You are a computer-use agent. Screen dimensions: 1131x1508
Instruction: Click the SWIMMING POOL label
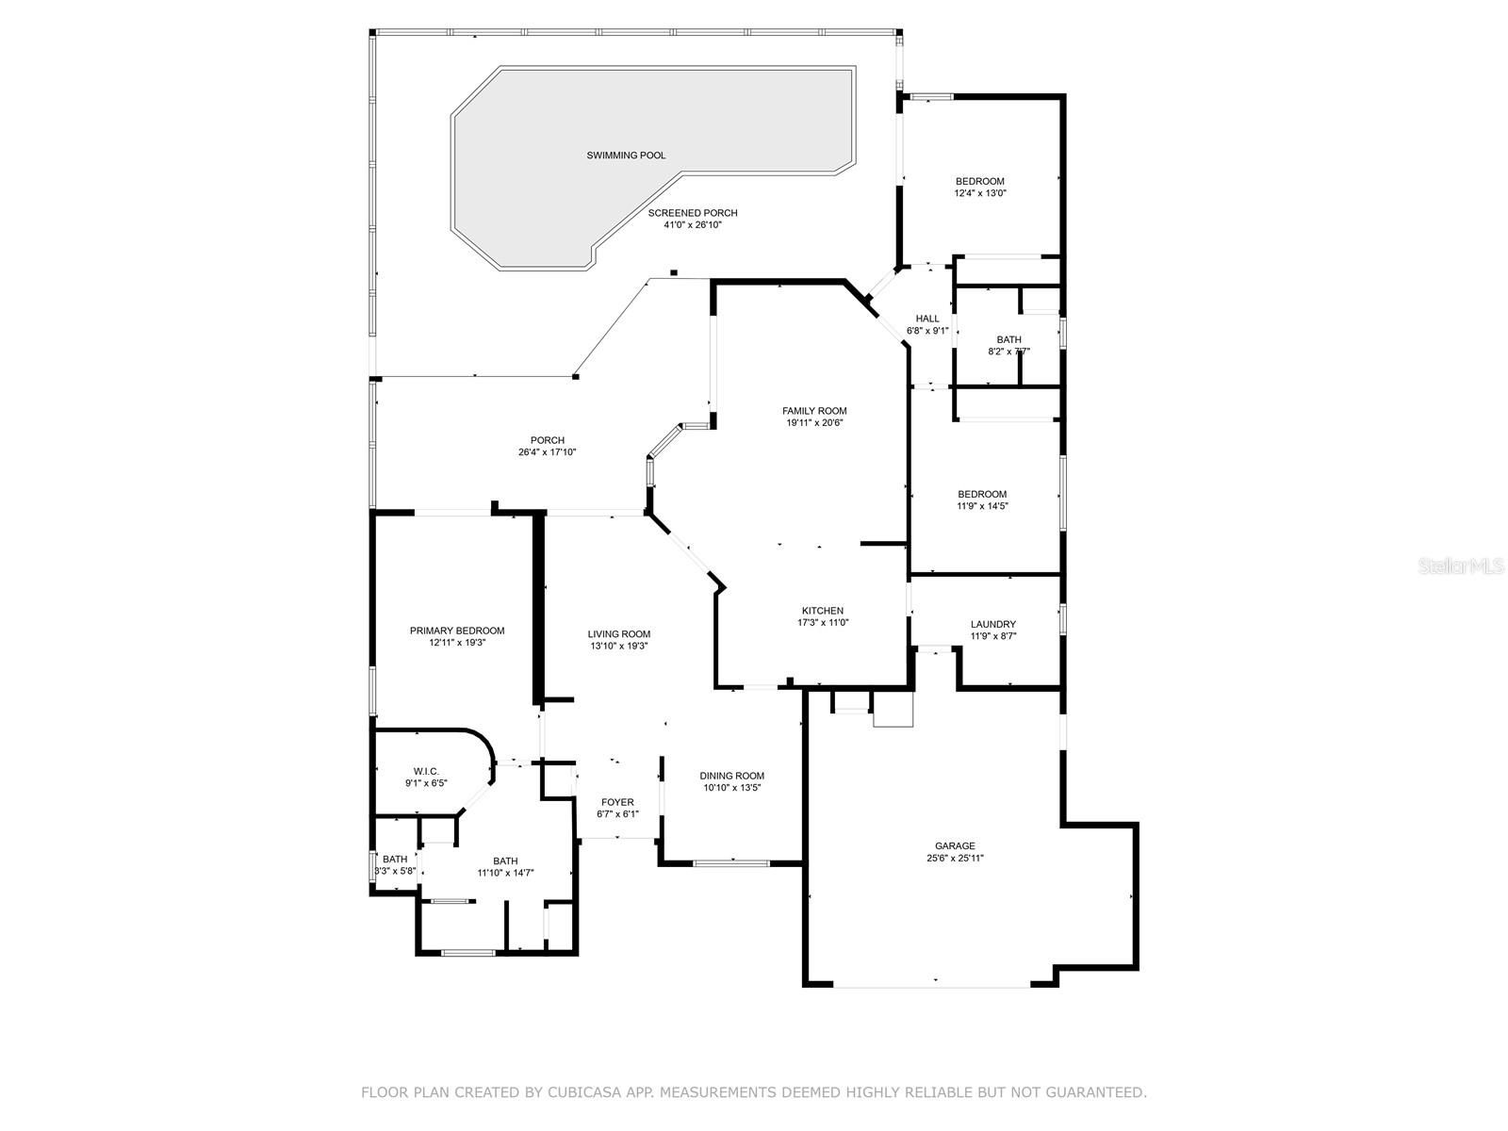pyautogui.click(x=626, y=156)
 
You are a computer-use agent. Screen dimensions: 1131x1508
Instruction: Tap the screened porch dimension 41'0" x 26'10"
pyautogui.click(x=693, y=225)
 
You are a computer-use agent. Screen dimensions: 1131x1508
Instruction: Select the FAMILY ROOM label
pyautogui.click(x=814, y=411)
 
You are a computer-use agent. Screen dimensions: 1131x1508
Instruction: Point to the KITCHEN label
pyautogui.click(x=823, y=611)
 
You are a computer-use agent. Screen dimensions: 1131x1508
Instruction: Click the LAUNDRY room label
pyautogui.click(x=993, y=624)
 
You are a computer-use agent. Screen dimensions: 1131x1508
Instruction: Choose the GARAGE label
pyautogui.click(x=955, y=846)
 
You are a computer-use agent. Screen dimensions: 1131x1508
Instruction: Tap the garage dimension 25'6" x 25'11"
pyautogui.click(x=955, y=859)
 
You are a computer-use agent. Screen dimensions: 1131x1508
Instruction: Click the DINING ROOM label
pyautogui.click(x=731, y=776)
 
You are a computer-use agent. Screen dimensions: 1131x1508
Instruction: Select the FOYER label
pyautogui.click(x=617, y=802)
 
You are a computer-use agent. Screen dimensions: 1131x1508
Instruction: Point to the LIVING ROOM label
pyautogui.click(x=619, y=634)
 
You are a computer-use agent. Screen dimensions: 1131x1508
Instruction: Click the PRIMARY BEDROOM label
pyautogui.click(x=457, y=631)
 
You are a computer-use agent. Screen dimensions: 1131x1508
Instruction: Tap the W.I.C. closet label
pyautogui.click(x=426, y=771)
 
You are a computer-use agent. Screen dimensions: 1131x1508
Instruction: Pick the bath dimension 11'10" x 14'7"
pyautogui.click(x=505, y=873)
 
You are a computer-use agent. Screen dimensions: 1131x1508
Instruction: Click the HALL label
pyautogui.click(x=927, y=319)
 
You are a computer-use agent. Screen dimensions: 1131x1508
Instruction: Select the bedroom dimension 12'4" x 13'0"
pyautogui.click(x=980, y=193)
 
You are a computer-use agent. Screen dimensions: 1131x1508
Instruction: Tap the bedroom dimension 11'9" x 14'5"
pyautogui.click(x=982, y=506)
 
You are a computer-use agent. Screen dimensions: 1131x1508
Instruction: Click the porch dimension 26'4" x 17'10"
pyautogui.click(x=548, y=452)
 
